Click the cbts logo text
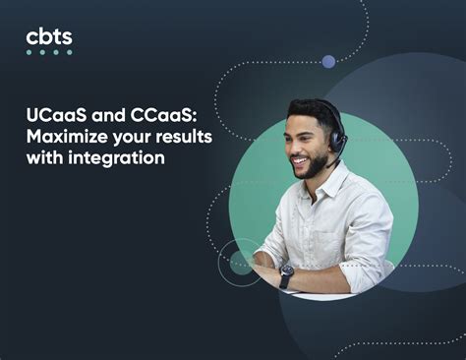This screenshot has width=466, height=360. pos(48,36)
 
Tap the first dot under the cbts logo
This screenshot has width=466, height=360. pos(29,52)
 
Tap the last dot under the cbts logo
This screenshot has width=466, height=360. pos(69,52)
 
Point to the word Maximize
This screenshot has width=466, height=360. pos(65,138)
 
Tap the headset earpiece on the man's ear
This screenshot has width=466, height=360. pos(336,143)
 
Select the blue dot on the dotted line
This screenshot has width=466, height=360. pos(328,61)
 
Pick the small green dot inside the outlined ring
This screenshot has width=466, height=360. pos(240,263)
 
